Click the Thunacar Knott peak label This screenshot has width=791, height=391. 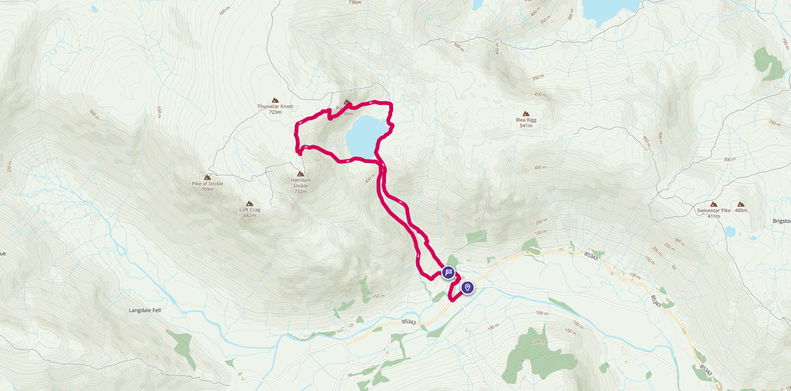point(275,106)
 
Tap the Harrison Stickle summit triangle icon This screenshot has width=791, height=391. point(300,174)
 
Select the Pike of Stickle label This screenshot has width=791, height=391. point(207,183)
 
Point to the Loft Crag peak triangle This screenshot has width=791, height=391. point(249,204)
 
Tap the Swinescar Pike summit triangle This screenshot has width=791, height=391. point(713,204)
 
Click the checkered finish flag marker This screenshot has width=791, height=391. point(448,273)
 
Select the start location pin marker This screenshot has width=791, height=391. point(468,287)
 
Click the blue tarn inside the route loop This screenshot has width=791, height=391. point(365,136)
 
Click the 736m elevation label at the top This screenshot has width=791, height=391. point(355,2)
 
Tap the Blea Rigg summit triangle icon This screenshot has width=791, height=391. point(525,114)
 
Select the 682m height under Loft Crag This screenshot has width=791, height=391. point(249,216)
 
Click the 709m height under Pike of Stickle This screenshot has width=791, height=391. point(207,189)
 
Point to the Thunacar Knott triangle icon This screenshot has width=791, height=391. point(275,100)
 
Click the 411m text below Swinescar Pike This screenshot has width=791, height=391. point(713,217)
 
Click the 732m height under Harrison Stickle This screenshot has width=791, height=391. point(300,191)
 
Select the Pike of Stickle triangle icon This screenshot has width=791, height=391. point(207,177)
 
